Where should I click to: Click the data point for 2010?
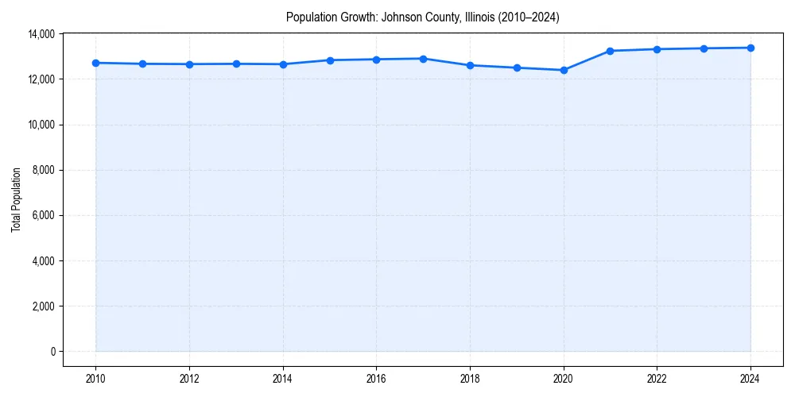pos(95,63)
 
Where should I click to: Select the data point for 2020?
pos(564,70)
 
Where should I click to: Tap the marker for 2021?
pos(611,51)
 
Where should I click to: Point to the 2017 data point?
pos(423,59)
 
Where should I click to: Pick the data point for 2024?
pos(750,48)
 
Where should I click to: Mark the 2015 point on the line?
pos(330,60)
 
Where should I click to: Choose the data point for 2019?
pos(517,67)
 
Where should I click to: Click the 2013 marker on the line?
pos(236,64)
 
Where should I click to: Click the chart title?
pos(422,17)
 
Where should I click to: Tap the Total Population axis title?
pos(16,199)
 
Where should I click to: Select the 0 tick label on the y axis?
pos(52,352)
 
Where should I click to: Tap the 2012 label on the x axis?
pos(189,379)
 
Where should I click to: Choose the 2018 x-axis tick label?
pos(470,379)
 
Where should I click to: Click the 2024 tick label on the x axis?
pos(750,379)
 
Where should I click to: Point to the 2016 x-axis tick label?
pos(376,379)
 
